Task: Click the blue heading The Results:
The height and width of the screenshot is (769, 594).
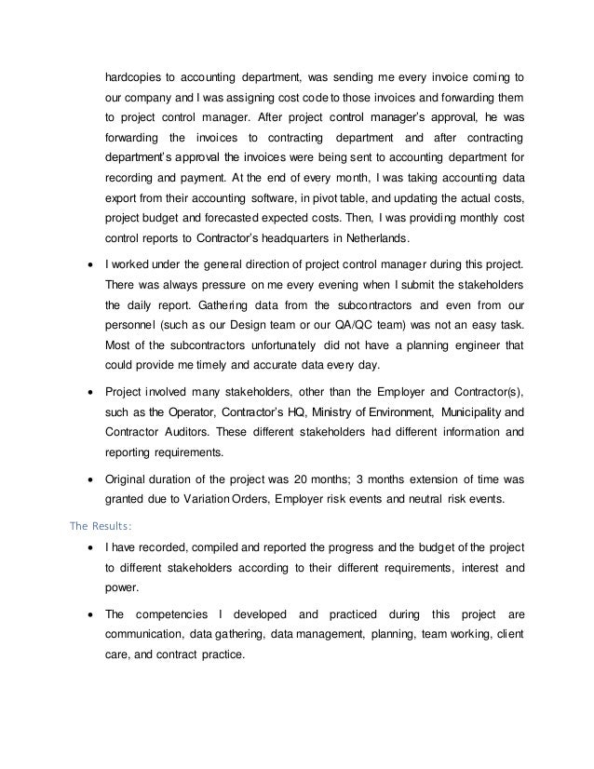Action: point(103,523)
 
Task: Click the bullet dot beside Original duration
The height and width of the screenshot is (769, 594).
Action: point(88,479)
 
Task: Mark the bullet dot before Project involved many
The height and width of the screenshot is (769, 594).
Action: point(88,392)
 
